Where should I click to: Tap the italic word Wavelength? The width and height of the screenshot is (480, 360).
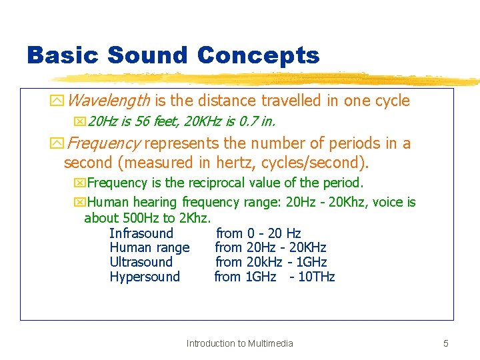click(x=109, y=101)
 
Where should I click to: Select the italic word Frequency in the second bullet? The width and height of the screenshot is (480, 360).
click(x=104, y=143)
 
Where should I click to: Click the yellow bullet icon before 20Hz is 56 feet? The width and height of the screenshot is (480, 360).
click(x=80, y=122)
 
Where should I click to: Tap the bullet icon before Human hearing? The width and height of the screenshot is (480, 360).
click(x=80, y=203)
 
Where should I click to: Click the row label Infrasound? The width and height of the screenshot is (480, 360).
click(x=141, y=233)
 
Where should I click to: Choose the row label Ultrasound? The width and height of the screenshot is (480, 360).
click(x=141, y=262)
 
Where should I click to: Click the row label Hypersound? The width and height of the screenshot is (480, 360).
click(x=145, y=277)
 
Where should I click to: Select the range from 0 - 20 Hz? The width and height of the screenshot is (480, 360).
click(x=258, y=233)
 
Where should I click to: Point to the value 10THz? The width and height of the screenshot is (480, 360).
click(x=316, y=277)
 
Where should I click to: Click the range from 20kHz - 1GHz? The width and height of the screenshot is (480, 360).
click(x=271, y=262)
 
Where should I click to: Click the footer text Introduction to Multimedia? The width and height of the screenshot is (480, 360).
click(x=239, y=343)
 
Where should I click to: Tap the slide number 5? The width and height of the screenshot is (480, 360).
click(x=446, y=343)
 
